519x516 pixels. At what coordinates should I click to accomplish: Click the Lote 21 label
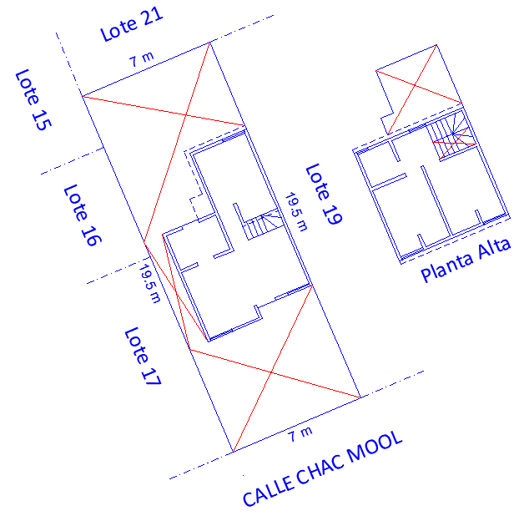click(x=131, y=24)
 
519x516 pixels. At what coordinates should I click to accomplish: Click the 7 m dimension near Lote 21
click(x=141, y=60)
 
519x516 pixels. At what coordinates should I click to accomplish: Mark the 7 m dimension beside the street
click(x=300, y=433)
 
